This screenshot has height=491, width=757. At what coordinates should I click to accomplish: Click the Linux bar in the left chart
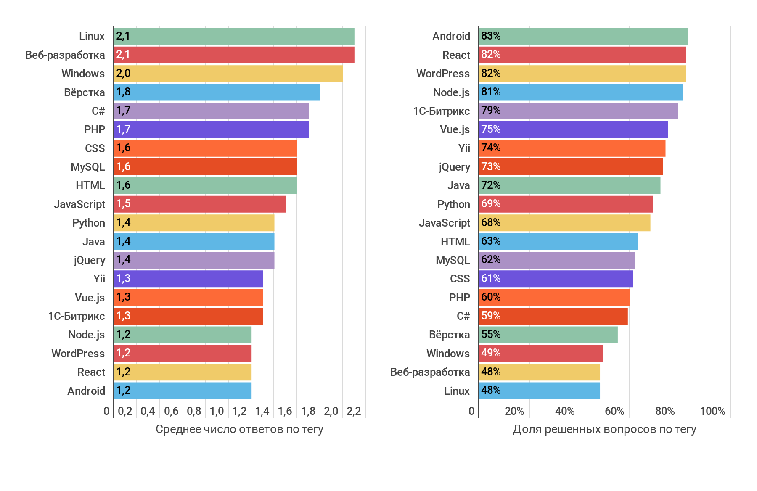point(234,36)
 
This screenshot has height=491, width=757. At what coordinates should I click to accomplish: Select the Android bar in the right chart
point(583,36)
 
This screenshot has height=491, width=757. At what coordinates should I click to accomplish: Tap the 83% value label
point(491,36)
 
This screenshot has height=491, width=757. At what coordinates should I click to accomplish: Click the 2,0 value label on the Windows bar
point(123,74)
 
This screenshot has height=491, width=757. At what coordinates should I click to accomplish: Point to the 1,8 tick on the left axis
point(308,411)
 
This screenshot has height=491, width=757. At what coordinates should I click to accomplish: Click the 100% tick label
point(712,411)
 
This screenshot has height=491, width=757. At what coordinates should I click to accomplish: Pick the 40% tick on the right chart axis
point(565,411)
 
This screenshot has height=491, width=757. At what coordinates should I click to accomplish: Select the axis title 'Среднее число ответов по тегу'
point(239,429)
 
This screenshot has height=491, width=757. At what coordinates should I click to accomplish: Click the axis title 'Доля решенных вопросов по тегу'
point(604,429)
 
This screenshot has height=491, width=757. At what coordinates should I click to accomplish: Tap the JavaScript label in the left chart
point(79,204)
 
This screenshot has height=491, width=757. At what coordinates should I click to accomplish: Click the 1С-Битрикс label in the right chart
point(441,111)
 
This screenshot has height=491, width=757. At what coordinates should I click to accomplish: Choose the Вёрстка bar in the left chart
point(217,92)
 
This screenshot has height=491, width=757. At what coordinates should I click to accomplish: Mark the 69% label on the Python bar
point(491,204)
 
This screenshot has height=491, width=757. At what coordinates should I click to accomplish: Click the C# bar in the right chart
point(553,316)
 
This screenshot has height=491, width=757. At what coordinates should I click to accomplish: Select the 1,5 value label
point(123,204)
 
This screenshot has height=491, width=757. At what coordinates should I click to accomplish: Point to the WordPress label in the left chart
point(78,354)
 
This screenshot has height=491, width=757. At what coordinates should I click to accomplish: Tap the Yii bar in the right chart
point(572,148)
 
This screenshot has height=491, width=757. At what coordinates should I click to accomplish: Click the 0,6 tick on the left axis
point(171,411)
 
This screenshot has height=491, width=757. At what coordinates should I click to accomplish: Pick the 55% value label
point(491,335)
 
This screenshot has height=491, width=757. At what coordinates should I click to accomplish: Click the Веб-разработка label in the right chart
point(430,372)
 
